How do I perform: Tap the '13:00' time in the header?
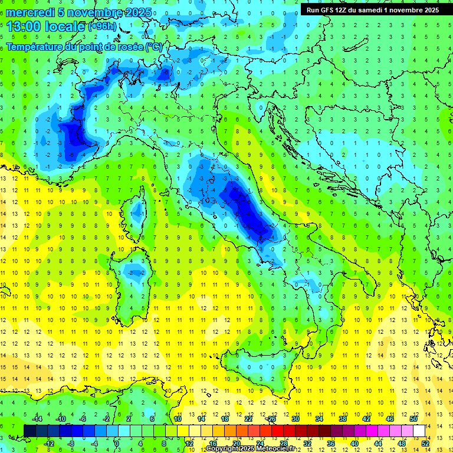coord(24,27)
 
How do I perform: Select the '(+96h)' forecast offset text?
coord(102,27)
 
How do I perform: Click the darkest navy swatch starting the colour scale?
coord(30,431)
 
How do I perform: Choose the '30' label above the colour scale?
coord(296,419)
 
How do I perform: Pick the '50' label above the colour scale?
coord(413,419)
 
